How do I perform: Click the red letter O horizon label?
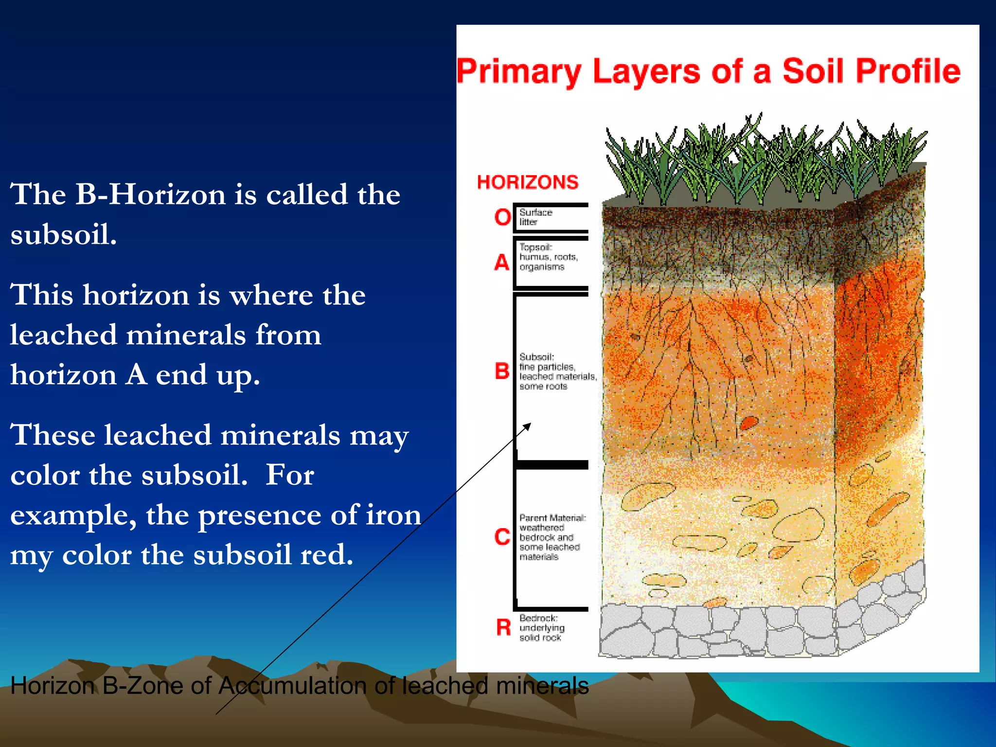coord(503,217)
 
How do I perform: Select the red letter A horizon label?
coord(502,263)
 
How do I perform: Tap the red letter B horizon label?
coord(502,371)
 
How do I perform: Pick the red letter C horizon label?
coord(502,537)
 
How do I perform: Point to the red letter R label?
coord(503,627)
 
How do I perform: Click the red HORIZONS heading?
coord(528,182)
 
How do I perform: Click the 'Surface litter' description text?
coord(535,217)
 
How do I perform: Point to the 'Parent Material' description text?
coord(552,537)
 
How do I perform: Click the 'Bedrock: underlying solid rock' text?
coord(541,628)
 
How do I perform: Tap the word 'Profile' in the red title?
coord(908,71)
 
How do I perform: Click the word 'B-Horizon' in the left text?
coord(151,195)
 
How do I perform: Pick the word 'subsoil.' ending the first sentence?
coord(63,234)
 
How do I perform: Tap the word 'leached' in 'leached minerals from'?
coord(63,335)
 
